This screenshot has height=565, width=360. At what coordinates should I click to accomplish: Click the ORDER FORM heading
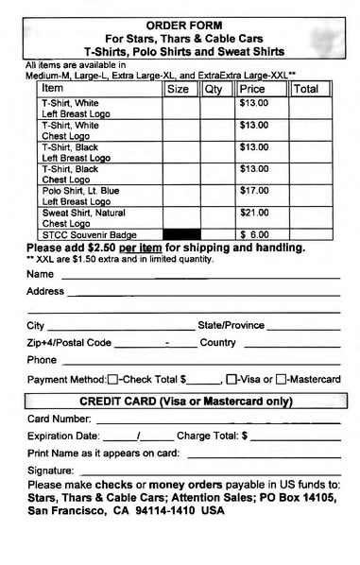click(184, 24)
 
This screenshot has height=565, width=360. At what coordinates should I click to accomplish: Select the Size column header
click(178, 89)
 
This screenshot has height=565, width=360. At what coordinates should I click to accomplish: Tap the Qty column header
click(215, 89)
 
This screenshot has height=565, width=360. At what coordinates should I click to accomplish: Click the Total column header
click(306, 89)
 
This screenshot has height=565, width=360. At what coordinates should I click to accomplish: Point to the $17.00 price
click(254, 191)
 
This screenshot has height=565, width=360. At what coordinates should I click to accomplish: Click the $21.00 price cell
click(254, 213)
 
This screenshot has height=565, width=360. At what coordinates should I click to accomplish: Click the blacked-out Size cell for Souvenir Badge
click(181, 234)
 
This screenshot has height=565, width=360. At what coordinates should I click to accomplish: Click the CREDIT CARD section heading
click(184, 401)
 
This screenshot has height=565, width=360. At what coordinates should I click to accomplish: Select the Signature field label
click(51, 471)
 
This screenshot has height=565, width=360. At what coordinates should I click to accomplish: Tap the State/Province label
click(231, 325)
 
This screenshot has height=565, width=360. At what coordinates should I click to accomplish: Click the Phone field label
click(43, 360)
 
